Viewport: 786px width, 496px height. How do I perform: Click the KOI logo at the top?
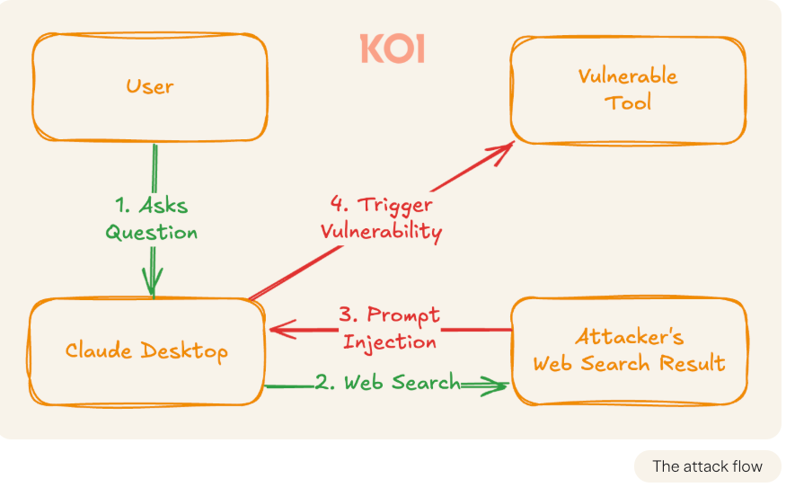392,49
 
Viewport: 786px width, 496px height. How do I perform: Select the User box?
149,87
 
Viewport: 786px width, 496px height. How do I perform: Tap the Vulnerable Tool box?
628,89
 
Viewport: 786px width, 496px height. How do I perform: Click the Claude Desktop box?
146,350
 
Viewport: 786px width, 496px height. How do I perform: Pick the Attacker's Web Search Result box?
629,350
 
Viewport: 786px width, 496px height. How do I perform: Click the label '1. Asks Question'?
152,218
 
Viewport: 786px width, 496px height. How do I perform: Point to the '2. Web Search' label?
386,384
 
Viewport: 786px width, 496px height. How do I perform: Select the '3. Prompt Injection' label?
390,328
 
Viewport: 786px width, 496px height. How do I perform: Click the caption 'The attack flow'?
707,466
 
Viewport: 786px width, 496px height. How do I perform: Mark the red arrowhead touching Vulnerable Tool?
503,149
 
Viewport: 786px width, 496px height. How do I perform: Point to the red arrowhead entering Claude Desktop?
280,331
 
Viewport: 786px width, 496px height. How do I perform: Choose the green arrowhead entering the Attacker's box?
497,386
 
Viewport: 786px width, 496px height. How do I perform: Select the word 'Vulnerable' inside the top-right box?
628,75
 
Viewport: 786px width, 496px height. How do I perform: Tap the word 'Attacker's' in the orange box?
629,338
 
